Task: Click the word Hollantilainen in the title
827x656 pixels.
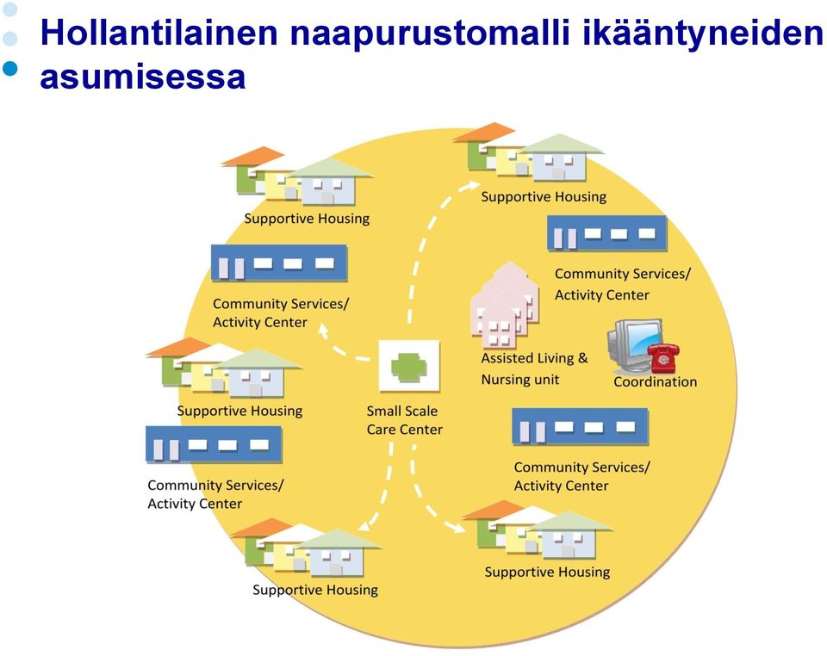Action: click(x=159, y=32)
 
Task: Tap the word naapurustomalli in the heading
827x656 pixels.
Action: click(x=431, y=34)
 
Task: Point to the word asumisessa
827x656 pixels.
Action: click(x=143, y=77)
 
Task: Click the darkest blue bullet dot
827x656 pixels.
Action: click(x=10, y=69)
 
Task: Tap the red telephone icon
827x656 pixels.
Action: click(x=663, y=357)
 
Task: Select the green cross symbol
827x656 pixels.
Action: click(x=408, y=366)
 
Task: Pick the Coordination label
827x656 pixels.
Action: click(x=655, y=381)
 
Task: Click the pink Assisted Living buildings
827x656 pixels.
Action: click(x=504, y=306)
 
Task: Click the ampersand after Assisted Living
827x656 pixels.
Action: click(x=583, y=358)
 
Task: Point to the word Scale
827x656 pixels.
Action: click(x=421, y=411)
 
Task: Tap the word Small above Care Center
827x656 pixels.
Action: click(x=384, y=411)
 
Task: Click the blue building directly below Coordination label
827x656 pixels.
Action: click(x=580, y=426)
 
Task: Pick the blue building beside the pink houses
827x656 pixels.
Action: click(x=607, y=233)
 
